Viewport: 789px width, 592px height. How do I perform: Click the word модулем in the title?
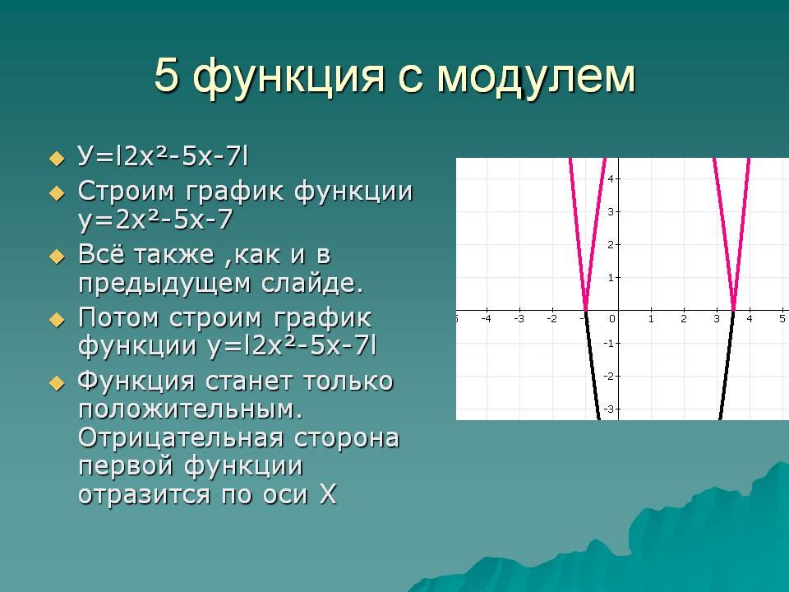[537, 76]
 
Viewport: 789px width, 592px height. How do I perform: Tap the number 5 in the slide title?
[167, 75]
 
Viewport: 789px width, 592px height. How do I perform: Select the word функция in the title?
[288, 78]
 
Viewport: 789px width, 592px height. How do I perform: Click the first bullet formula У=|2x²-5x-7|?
[163, 156]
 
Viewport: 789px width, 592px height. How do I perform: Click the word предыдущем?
[164, 284]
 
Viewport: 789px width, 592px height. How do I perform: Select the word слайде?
[312, 284]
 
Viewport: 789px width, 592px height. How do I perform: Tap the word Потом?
[118, 317]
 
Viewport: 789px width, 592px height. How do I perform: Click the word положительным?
[191, 409]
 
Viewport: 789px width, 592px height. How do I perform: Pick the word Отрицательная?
[181, 437]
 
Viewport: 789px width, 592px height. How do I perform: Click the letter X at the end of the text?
[328, 494]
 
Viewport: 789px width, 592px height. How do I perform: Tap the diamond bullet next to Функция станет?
[58, 384]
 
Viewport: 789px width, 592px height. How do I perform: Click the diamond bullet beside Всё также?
[58, 257]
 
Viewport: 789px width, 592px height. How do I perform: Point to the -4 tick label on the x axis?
[486, 319]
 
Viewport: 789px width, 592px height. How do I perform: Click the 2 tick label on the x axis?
[684, 319]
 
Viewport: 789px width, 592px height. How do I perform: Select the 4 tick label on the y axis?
[611, 178]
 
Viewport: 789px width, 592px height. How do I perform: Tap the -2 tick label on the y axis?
[609, 376]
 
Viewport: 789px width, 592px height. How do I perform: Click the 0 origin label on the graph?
[611, 319]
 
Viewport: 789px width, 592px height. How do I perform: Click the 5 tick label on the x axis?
[782, 319]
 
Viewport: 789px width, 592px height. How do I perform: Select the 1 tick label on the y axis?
[611, 277]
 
